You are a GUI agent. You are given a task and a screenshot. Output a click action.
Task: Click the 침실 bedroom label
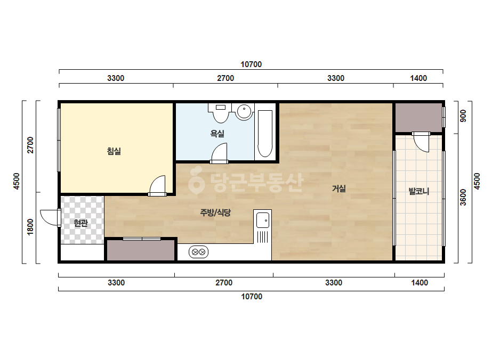tap(114, 151)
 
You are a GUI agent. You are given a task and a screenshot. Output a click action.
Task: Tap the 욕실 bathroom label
tap(217, 134)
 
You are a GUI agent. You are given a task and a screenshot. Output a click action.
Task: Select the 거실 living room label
tap(339, 189)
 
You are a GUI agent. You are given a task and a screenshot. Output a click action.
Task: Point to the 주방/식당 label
tap(215, 212)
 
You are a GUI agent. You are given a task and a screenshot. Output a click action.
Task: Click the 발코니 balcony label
tap(418, 191)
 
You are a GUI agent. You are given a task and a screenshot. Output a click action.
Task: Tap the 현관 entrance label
tap(80, 223)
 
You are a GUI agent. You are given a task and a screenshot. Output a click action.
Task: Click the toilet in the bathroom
tap(221, 113)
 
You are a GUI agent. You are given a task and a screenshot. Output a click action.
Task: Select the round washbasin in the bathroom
tap(245, 111)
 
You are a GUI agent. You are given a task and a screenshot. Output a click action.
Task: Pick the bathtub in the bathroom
tap(265, 134)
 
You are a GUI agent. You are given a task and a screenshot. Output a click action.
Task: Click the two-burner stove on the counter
tap(198, 252)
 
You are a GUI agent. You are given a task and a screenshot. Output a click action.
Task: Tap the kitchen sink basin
tap(263, 220)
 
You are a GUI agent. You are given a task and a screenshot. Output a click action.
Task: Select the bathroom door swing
tap(219, 153)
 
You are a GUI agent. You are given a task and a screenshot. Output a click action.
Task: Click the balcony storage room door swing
tap(421, 142)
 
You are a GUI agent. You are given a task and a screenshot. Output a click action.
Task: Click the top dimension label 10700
tap(251, 64)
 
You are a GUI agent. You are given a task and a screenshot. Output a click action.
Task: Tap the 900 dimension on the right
tap(463, 116)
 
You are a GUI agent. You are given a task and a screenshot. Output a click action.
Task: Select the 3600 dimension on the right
tap(463, 197)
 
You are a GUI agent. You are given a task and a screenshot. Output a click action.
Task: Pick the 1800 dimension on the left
tap(30, 227)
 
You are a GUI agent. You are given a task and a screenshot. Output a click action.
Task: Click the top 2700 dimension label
tap(225, 78)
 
